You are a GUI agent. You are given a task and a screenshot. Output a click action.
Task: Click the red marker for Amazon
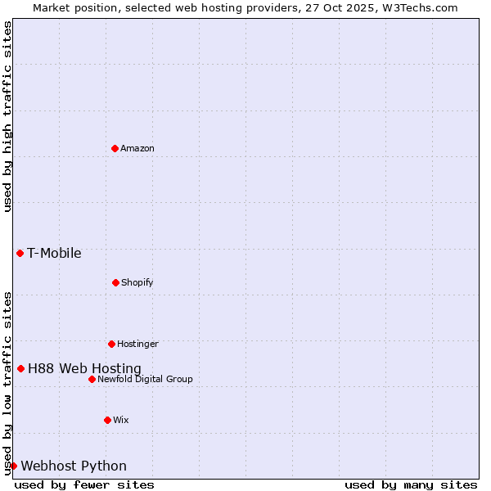tap(115, 148)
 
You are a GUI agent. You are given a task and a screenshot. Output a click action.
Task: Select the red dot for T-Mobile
tap(20, 253)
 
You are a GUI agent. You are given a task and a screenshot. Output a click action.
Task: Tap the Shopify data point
tap(115, 282)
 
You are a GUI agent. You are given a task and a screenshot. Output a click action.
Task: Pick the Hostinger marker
tap(111, 344)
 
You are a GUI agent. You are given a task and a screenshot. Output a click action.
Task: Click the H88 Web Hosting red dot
tap(20, 368)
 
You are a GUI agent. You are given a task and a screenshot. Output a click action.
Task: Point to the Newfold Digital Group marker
tap(92, 379)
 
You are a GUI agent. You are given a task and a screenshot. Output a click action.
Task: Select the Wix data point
tap(107, 420)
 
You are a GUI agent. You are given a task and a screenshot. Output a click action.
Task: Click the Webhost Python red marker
tap(13, 466)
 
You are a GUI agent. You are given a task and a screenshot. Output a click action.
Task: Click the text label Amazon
tap(137, 148)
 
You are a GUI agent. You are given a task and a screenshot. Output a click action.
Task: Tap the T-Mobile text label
tap(54, 253)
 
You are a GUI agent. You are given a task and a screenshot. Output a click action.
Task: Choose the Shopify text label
tap(137, 282)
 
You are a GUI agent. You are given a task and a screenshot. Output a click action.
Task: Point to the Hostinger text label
tap(137, 344)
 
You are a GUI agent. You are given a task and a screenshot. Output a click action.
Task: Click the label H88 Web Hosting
tap(84, 368)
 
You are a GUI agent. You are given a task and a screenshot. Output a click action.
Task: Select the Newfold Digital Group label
tap(145, 379)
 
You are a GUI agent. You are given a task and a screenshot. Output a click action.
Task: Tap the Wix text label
tap(121, 420)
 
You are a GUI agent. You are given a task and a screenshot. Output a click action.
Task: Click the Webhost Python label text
tap(74, 466)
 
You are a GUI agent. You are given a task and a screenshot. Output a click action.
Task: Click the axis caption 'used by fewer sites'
tap(84, 484)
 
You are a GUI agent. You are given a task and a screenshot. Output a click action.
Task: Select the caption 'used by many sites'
tap(411, 484)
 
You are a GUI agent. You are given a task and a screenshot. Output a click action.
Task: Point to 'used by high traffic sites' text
tap(7, 116)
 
